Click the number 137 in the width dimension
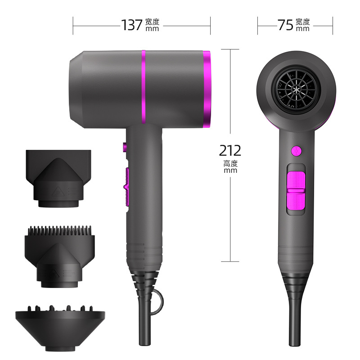[132, 25]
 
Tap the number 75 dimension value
[285, 25]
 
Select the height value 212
[230, 150]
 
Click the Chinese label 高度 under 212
[230, 163]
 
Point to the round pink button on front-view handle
[296, 150]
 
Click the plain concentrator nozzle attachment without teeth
[58, 178]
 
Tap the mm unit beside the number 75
[303, 29]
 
